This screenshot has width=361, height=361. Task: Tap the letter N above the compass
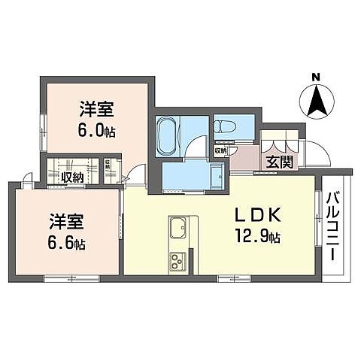(317, 77)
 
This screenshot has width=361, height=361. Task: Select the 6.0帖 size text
(96, 129)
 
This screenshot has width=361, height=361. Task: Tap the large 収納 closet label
(73, 177)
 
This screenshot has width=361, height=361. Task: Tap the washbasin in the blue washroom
(216, 177)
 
